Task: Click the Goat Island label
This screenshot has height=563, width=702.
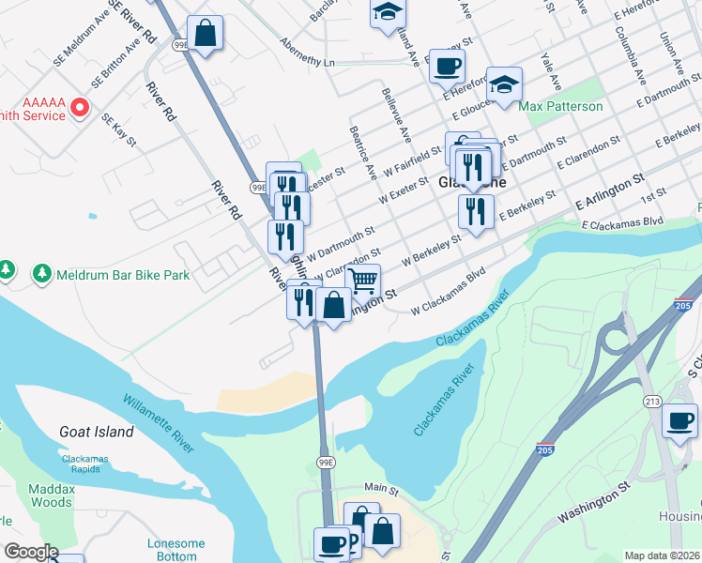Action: [95, 432]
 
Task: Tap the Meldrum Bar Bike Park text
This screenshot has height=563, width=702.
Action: [123, 275]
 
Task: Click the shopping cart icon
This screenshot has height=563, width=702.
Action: [362, 279]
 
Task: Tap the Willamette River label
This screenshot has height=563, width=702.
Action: [158, 423]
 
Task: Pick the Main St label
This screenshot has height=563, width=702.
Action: [381, 489]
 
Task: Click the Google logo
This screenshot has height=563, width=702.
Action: [31, 552]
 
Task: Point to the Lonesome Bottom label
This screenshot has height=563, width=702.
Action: [175, 550]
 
